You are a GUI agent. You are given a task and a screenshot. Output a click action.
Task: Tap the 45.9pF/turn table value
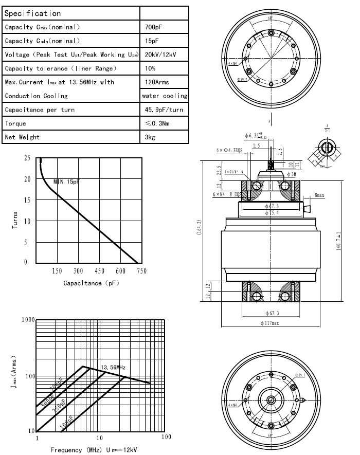click(164, 110)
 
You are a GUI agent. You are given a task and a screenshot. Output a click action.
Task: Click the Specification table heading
click(32, 13)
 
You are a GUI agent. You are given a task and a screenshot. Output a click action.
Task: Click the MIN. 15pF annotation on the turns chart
click(67, 182)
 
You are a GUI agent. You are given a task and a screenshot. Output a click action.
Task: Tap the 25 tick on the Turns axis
click(27, 158)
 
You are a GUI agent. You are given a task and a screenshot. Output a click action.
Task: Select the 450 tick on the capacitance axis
click(99, 271)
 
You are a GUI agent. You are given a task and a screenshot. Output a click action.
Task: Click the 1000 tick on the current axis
click(27, 320)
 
